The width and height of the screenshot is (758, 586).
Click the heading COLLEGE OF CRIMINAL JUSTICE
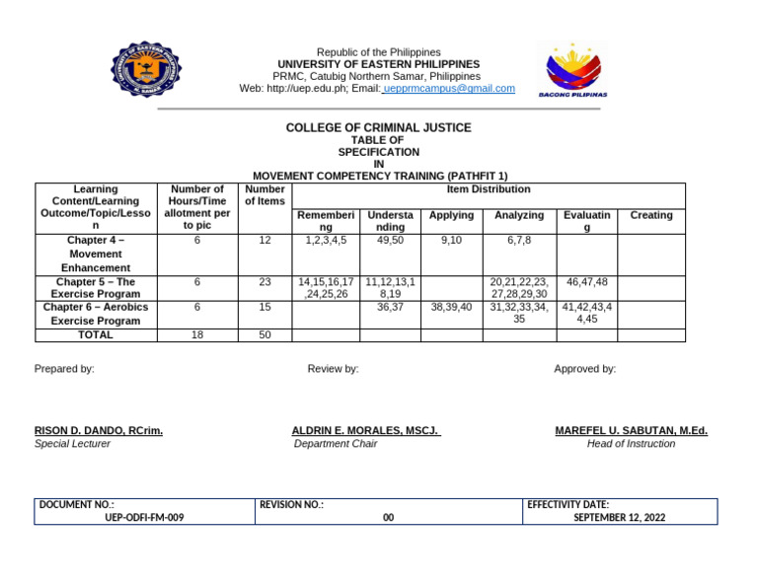[378, 128]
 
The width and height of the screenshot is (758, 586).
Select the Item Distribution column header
[488, 189]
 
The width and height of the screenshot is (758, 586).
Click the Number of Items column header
[265, 195]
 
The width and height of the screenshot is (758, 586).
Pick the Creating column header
[650, 215]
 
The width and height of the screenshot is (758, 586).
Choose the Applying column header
[452, 215]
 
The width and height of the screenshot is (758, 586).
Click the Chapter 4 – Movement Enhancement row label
[96, 254]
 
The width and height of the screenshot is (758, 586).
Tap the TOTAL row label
[96, 334]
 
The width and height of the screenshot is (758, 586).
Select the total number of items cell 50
[265, 335]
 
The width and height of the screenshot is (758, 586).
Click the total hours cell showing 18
[197, 335]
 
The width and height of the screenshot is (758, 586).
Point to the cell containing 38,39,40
[452, 307]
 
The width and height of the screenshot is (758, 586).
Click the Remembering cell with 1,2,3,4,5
[327, 240]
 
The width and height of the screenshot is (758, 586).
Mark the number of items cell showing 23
[265, 282]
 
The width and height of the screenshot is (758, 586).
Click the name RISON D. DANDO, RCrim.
[99, 431]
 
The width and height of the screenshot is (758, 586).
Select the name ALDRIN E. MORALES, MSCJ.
[365, 431]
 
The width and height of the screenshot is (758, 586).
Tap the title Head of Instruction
[631, 444]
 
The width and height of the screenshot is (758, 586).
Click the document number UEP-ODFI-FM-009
[144, 517]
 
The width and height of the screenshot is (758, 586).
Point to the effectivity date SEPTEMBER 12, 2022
[619, 517]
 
